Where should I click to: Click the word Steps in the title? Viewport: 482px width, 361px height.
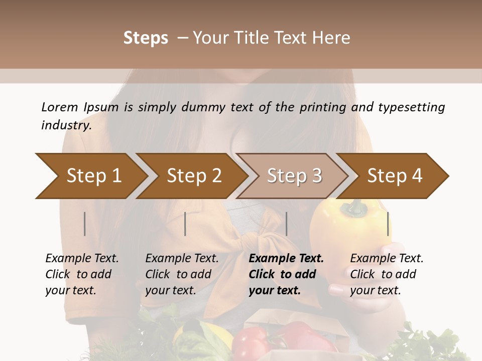tap(146, 38)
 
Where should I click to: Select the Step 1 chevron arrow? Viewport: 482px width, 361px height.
tap(90, 176)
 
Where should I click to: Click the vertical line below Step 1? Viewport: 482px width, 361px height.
tap(85, 224)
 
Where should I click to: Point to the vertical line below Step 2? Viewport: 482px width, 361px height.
tap(185, 224)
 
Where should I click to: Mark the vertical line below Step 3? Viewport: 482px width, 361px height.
tap(286, 224)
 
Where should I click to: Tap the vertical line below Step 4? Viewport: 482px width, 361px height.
tap(388, 224)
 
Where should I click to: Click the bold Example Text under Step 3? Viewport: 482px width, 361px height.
tap(286, 259)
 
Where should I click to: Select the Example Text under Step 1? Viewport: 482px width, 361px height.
tap(82, 259)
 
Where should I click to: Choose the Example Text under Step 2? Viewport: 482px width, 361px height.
tap(182, 259)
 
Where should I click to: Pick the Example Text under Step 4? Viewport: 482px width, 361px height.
tap(387, 259)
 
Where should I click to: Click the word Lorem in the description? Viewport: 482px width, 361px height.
tap(60, 107)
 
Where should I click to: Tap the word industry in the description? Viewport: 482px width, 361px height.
tap(66, 125)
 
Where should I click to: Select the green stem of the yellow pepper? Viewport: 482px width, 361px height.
tap(356, 205)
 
